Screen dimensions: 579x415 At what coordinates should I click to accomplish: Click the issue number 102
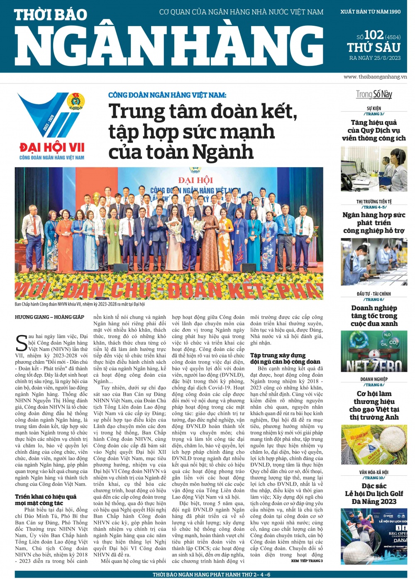pos(373,35)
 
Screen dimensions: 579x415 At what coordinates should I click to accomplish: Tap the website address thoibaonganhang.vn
pos(375,77)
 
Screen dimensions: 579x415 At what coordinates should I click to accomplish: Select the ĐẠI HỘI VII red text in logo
pos(52,147)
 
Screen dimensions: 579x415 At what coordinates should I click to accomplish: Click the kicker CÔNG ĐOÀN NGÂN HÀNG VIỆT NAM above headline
pos(167,95)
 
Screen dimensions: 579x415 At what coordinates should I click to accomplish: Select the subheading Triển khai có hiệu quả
pos(46,496)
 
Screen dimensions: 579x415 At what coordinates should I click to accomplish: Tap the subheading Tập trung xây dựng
pos(278,355)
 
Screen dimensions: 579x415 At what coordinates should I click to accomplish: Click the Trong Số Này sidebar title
pos(374,94)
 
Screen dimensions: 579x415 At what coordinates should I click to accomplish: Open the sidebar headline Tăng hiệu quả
pos(374,122)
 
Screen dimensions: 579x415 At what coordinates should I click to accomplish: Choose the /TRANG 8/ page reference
pos(374,385)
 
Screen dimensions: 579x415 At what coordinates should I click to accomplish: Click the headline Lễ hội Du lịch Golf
pos(374,494)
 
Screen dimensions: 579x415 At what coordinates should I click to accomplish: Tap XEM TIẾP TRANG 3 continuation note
pos(307,561)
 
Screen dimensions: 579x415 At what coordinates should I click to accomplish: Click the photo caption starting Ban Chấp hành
pos(80,304)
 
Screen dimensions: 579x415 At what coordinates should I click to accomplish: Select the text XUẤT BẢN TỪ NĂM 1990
pos(370,12)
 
